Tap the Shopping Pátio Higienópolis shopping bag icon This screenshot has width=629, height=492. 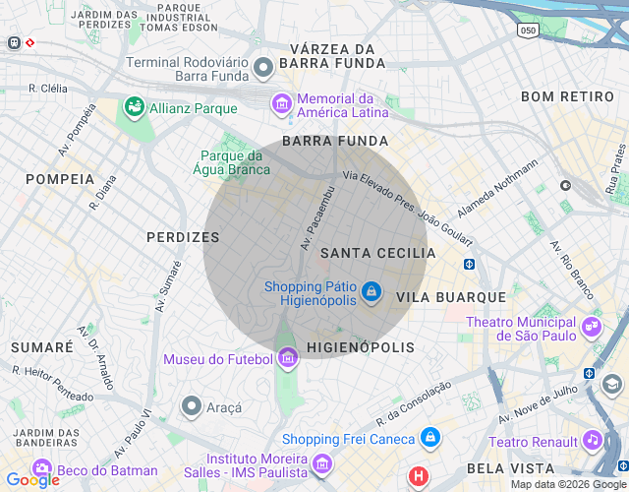[371, 292]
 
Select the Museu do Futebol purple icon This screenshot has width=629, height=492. [287, 358]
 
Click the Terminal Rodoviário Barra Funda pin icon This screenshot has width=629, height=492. [262, 68]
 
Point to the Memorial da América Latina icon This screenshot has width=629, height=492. [282, 103]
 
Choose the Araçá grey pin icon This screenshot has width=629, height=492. [192, 405]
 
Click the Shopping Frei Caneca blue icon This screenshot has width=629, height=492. [429, 437]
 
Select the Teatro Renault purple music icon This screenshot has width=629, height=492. [592, 440]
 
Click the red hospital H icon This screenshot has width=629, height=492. [420, 477]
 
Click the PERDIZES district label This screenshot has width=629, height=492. [183, 237]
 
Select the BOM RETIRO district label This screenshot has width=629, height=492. [566, 96]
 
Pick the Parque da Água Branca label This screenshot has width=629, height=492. [232, 162]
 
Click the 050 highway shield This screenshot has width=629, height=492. [529, 31]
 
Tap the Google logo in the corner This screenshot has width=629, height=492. [32, 480]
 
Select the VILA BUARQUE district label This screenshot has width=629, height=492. [450, 296]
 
